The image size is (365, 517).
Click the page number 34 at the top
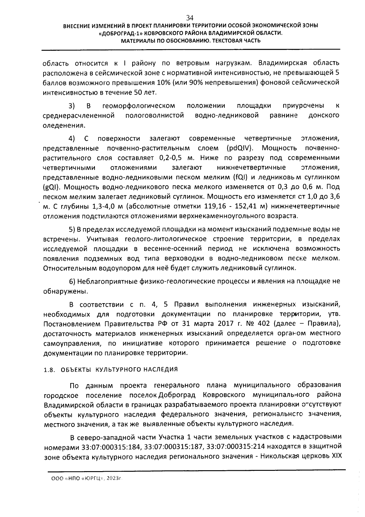coord(190,17)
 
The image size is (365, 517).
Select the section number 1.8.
coord(49,370)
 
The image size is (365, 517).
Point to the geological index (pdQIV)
coord(241,148)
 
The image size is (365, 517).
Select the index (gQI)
coord(51,187)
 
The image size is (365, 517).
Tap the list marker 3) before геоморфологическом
coord(71,106)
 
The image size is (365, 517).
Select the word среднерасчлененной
coord(78,116)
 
